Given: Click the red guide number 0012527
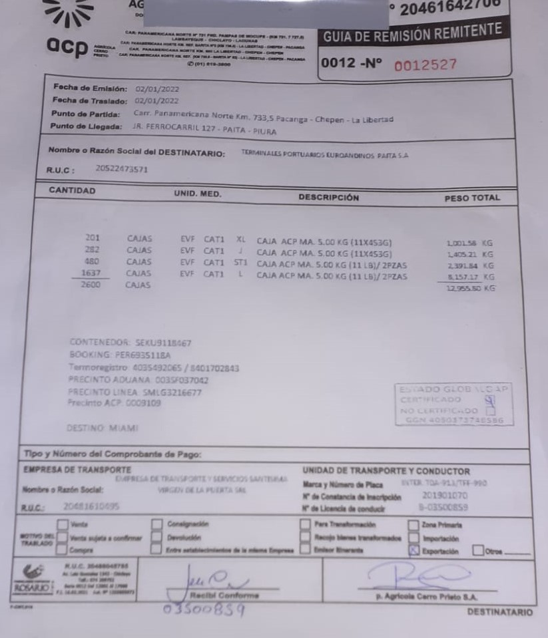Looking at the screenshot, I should (425, 65).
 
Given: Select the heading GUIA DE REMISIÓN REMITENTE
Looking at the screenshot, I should (412, 33).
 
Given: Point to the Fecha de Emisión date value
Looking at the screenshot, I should (156, 88).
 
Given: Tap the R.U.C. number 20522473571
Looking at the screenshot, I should (122, 169).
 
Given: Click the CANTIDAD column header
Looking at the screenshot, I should (73, 191).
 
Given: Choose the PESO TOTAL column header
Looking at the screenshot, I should (471, 198).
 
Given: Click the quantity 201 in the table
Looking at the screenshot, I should (93, 238).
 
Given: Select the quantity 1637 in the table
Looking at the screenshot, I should (92, 273).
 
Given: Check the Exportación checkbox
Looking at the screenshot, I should (413, 550).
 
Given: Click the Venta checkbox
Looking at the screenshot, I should (63, 524).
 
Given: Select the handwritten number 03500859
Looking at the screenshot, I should (204, 610).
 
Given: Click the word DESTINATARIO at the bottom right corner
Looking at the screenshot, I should (499, 611).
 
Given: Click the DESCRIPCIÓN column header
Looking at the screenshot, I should (328, 198).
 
